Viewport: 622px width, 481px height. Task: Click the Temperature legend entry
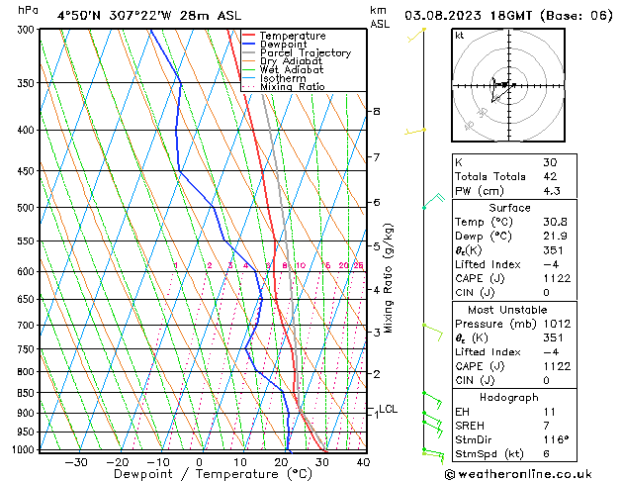pos(293,36)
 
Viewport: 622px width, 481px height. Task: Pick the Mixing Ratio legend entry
pos(293,87)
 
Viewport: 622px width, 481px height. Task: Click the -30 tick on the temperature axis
pos(76,461)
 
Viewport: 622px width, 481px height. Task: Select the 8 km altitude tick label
pos(376,112)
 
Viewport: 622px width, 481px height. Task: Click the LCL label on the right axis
pos(389,409)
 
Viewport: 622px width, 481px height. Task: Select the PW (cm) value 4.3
pos(526,191)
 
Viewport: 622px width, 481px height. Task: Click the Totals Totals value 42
pos(522,176)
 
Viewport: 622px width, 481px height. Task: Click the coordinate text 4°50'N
pos(79,15)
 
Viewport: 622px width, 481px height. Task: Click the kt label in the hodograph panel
pos(460,35)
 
